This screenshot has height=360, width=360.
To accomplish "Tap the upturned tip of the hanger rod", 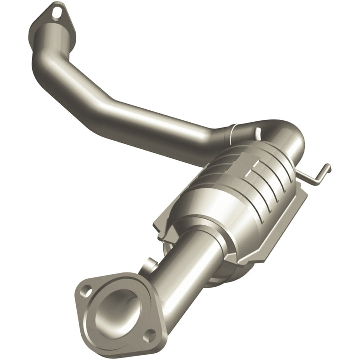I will click(327, 167).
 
